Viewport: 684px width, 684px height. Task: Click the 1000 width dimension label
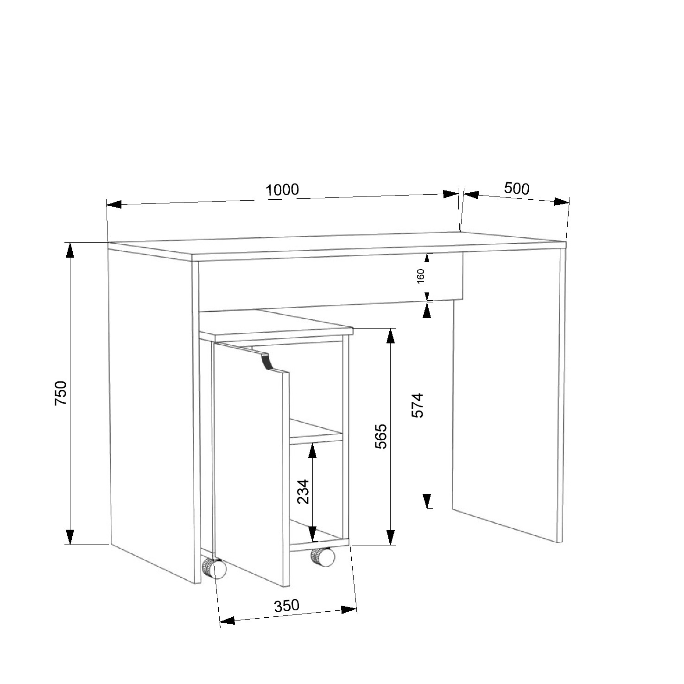coord(282,190)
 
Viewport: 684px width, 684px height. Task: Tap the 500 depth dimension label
coord(517,189)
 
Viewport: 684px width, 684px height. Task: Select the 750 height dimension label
coord(62,393)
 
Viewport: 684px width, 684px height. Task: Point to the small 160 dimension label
coord(421,277)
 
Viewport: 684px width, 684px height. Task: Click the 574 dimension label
coord(418,405)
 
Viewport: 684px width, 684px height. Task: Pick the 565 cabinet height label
coord(380,436)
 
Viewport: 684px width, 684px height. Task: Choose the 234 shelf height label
coord(303,491)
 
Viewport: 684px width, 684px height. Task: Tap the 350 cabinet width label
coord(286,606)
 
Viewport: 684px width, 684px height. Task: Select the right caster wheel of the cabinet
coord(323,557)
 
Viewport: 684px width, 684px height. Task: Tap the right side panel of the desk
coord(507,394)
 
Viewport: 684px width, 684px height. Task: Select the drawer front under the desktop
coord(330,281)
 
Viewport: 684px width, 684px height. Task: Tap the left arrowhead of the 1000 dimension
coord(114,204)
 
